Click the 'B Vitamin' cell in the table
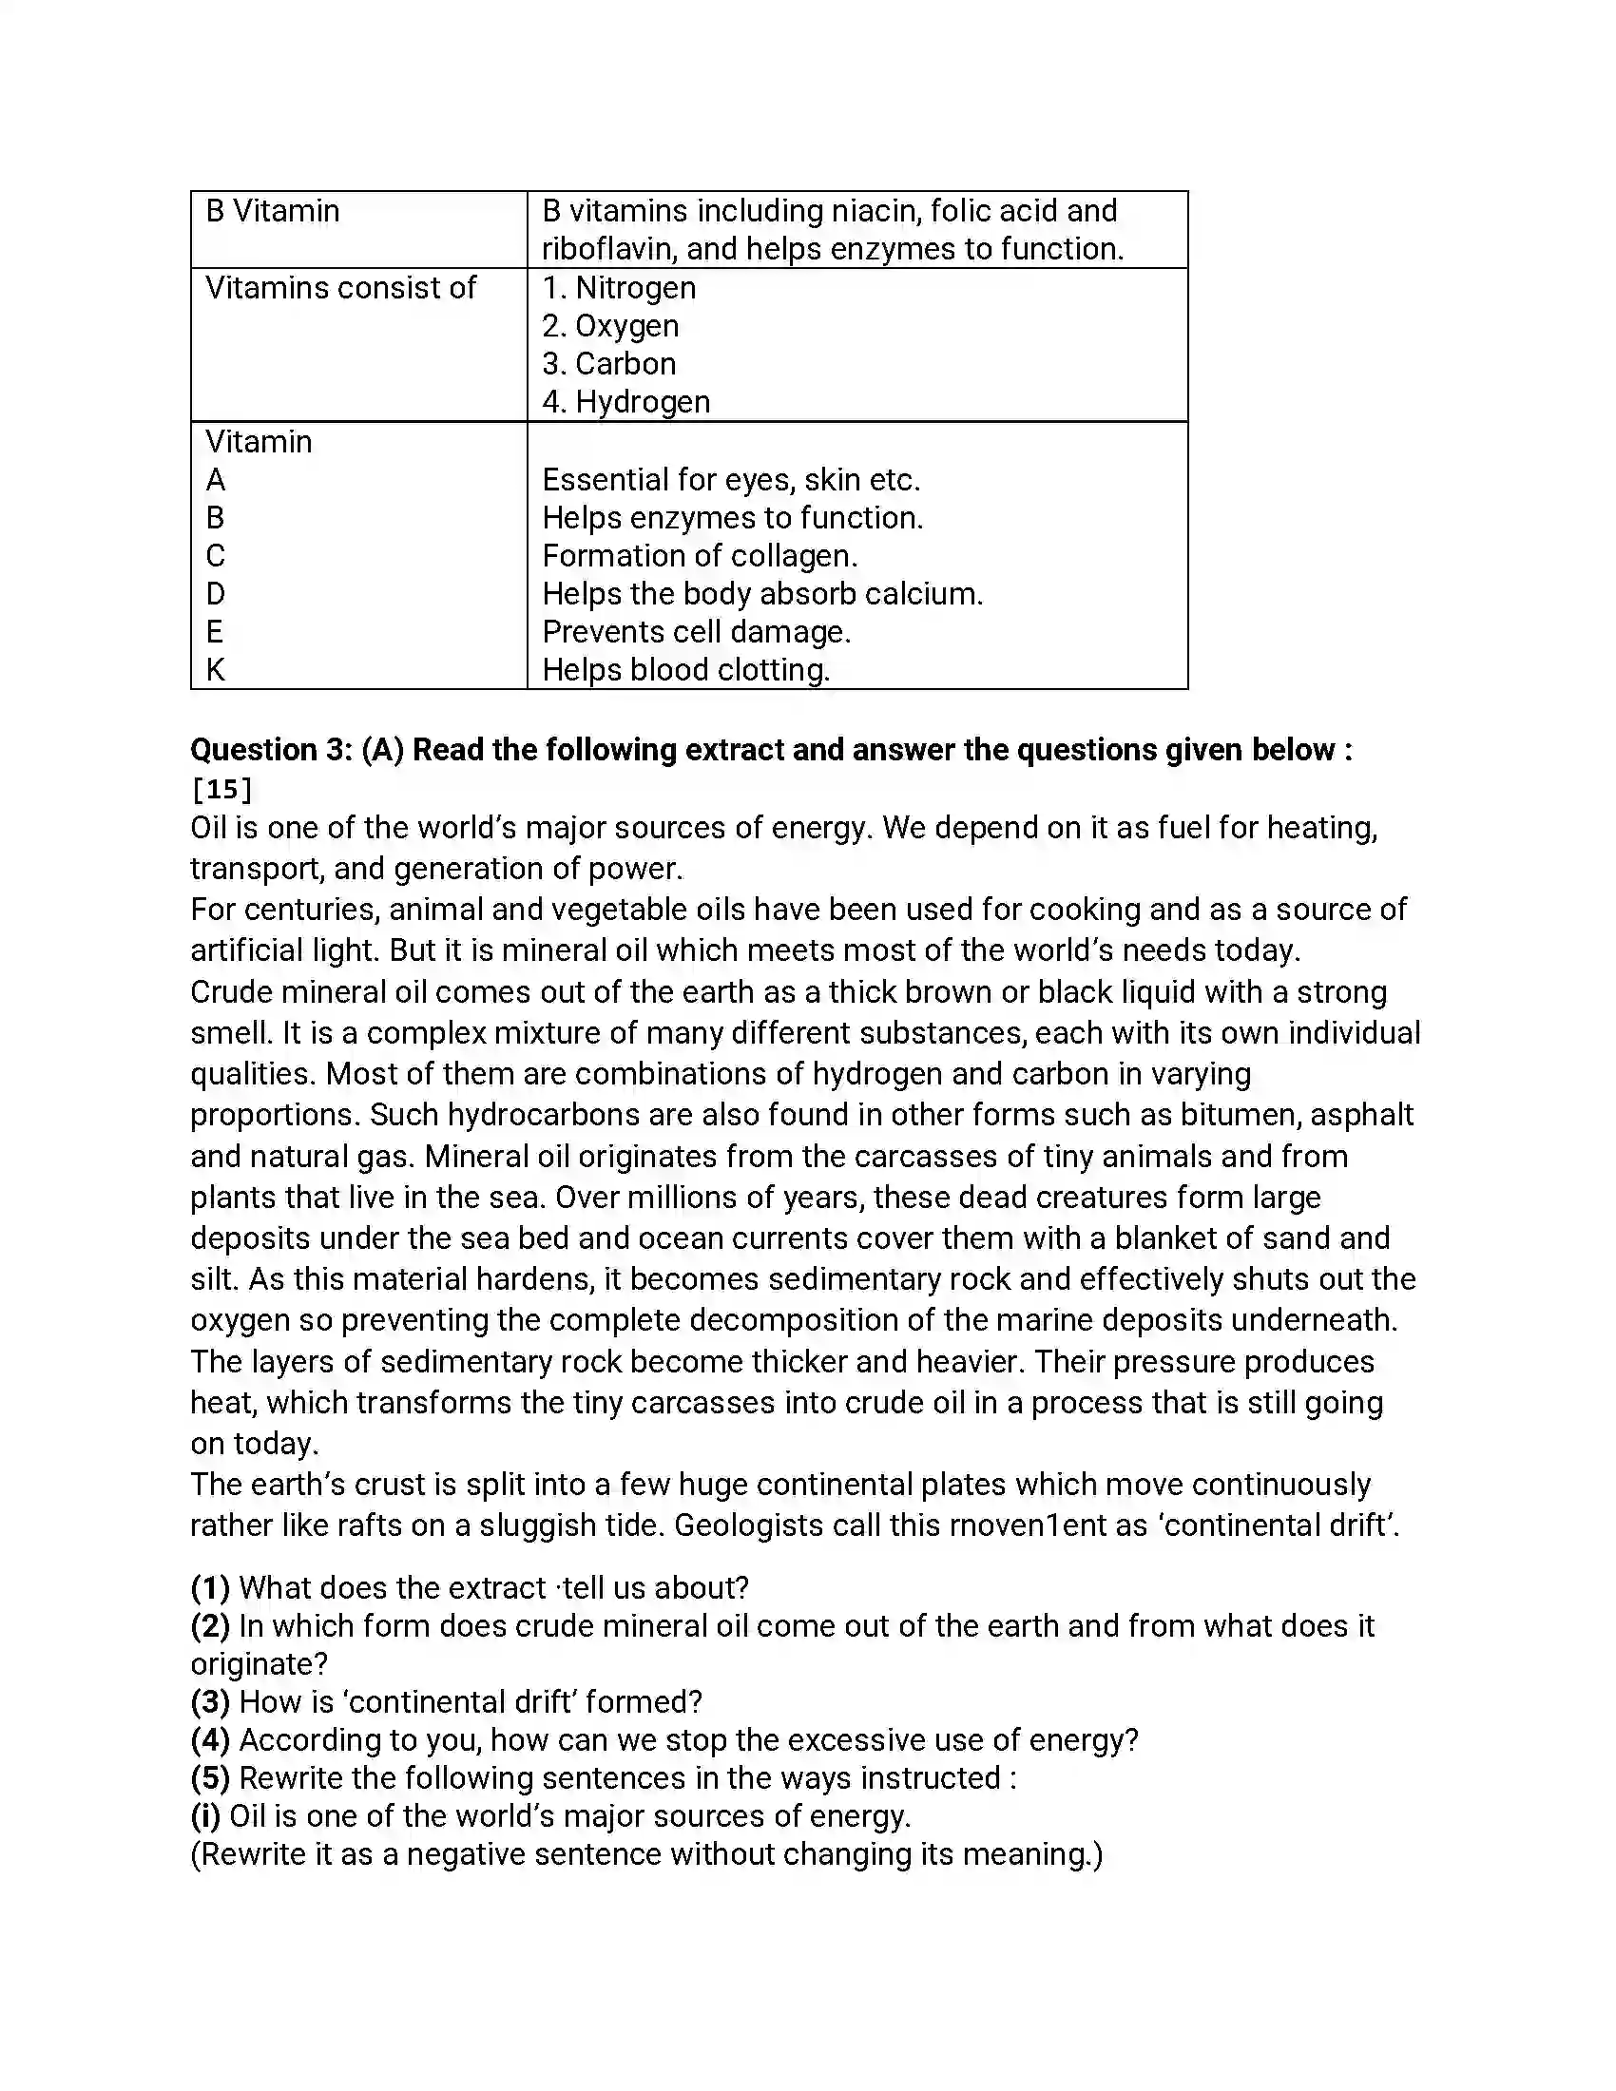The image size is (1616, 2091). click(x=273, y=211)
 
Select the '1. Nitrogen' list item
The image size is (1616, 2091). click(x=619, y=287)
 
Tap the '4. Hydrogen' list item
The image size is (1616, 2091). click(x=626, y=401)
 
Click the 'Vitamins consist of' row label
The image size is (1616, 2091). click(x=340, y=287)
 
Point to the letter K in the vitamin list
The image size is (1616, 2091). click(x=216, y=669)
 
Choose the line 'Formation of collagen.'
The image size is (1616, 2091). click(x=700, y=555)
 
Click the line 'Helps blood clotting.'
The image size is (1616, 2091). click(x=685, y=669)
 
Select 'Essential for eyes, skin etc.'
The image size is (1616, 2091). click(x=730, y=479)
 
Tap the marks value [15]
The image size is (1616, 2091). click(x=222, y=789)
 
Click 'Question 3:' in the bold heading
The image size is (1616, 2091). click(x=272, y=749)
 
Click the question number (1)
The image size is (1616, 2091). click(x=210, y=1587)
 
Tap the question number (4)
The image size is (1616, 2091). click(x=210, y=1739)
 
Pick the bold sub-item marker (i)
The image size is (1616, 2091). click(x=205, y=1815)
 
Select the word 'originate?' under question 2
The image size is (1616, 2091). click(x=260, y=1664)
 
